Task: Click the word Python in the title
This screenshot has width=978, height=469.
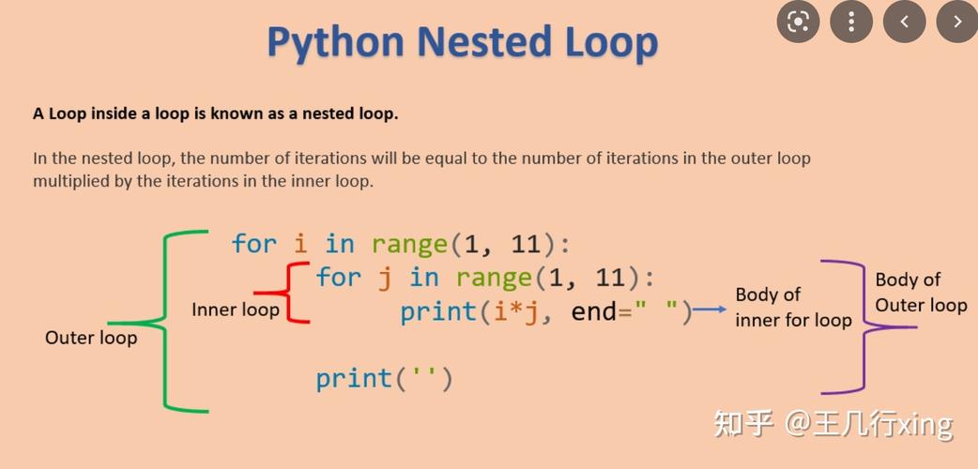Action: click(x=336, y=43)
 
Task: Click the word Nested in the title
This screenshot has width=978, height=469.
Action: click(x=484, y=43)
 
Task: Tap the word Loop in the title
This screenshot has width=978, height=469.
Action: click(x=611, y=43)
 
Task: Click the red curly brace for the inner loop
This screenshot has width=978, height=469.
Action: click(x=293, y=293)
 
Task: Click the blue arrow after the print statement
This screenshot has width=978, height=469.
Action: click(x=711, y=310)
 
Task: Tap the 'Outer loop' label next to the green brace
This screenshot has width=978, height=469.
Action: click(x=91, y=338)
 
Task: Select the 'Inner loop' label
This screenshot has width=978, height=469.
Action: click(x=236, y=310)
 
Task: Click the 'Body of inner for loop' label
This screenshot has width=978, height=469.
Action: click(x=793, y=308)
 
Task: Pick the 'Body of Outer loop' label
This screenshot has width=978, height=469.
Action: click(x=921, y=292)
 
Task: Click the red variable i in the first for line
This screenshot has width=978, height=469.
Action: click(x=300, y=245)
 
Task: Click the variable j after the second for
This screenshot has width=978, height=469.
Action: click(x=385, y=278)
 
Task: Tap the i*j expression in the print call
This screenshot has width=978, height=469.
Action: click(x=515, y=311)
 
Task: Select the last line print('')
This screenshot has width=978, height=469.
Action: click(x=384, y=379)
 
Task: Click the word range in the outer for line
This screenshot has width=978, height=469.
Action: click(x=409, y=245)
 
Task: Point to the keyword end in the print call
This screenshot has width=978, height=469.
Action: click(x=594, y=311)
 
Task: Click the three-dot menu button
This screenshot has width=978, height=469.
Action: click(x=850, y=22)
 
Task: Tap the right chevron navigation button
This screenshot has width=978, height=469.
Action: click(x=957, y=22)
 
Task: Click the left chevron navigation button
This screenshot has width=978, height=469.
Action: click(x=904, y=22)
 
